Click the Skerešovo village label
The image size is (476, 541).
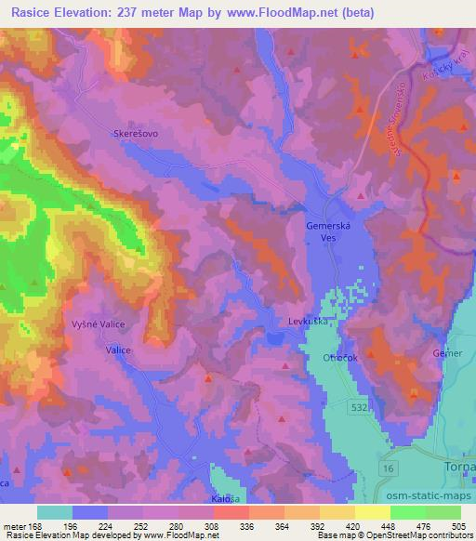(136, 134)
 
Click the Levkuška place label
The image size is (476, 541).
(308, 322)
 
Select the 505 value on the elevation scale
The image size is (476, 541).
(458, 526)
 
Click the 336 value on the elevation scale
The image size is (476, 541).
(248, 526)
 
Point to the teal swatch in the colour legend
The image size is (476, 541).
(55, 512)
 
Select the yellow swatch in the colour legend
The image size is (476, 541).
(373, 512)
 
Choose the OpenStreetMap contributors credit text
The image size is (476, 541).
(430, 535)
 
